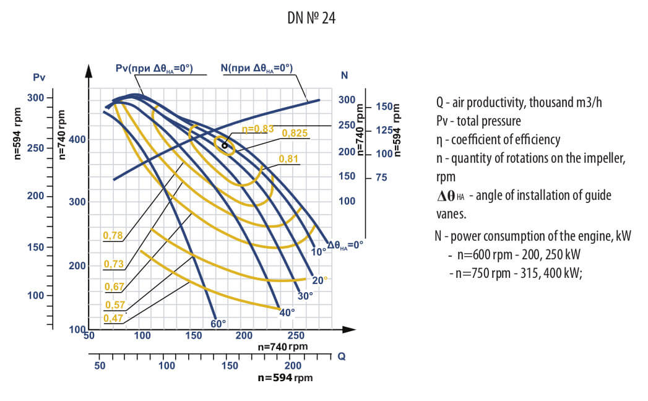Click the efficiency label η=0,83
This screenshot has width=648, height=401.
click(257, 129)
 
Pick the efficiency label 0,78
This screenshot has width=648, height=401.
click(113, 235)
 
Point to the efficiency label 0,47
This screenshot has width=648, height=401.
click(113, 317)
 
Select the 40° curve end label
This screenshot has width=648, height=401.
click(287, 312)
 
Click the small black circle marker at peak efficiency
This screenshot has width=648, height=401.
click(225, 146)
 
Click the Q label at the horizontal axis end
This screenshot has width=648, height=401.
click(341, 356)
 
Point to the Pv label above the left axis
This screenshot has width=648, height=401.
click(39, 77)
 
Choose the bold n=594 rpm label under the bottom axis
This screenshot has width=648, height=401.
click(285, 377)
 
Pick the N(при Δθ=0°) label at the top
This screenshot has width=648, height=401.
click(257, 68)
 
